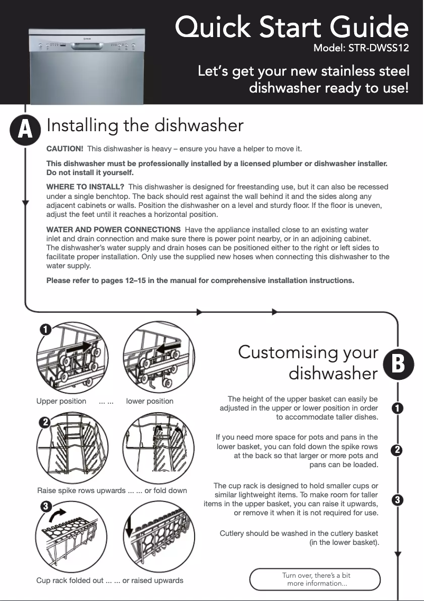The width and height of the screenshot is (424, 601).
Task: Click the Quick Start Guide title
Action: pos(291,28)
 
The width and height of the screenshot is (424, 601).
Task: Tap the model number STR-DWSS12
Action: pos(361,49)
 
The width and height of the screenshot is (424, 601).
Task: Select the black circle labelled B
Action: pos(398,363)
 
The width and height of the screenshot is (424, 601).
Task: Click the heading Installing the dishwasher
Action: pos(145,126)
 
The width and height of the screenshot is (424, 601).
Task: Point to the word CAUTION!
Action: pos(64,149)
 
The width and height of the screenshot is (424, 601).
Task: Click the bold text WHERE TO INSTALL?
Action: pos(85,187)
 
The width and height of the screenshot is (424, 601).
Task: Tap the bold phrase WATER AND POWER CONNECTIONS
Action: pos(114,229)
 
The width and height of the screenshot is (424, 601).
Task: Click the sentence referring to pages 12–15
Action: pos(200,280)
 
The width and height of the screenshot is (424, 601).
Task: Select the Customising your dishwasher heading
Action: pos(308,362)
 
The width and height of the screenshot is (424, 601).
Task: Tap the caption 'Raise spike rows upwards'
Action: pos(81,490)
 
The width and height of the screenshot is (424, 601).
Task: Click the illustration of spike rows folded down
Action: pos(159,448)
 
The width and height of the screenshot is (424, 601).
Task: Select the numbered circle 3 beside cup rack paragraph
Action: pos(398,499)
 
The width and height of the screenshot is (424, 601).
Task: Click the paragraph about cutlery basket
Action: pos(299,538)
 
